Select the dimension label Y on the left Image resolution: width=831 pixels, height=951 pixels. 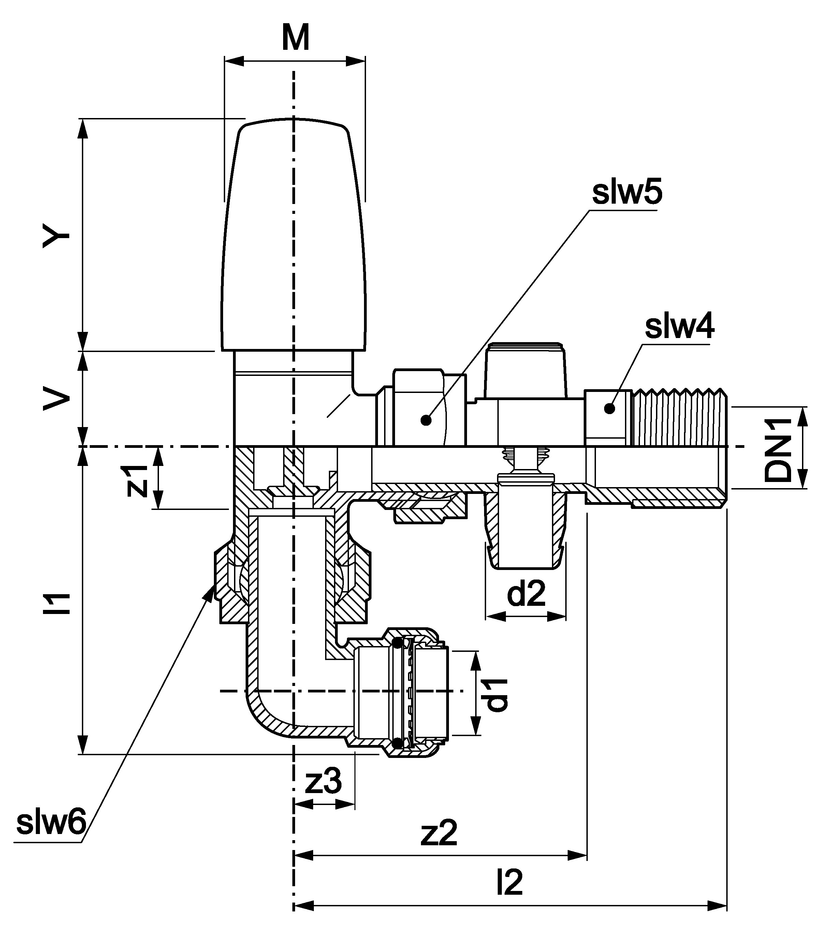click(56, 236)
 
